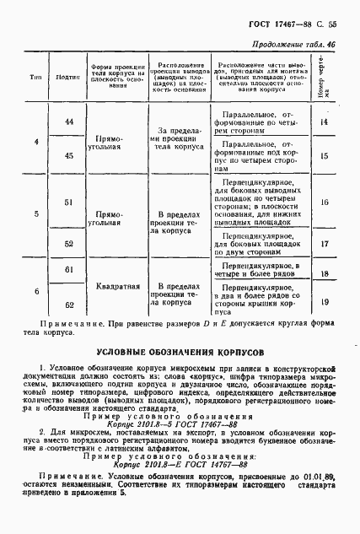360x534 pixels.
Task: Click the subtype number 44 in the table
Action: tap(69, 123)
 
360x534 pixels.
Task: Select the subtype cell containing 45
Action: tap(69, 155)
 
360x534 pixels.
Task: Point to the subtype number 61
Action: tap(69, 267)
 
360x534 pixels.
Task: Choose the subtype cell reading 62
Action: tap(69, 304)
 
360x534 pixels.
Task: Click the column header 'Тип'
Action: tap(36, 77)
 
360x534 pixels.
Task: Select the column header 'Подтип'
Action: tap(68, 77)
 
